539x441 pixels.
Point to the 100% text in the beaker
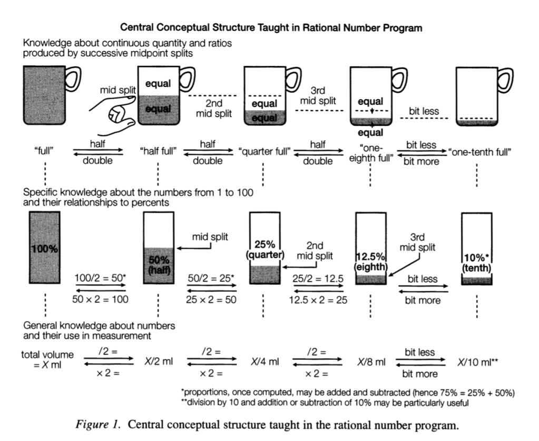(x=45, y=248)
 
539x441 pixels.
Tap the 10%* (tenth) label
(x=476, y=262)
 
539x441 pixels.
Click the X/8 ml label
(x=370, y=362)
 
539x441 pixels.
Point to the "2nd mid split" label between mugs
(x=211, y=108)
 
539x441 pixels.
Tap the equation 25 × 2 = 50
(x=211, y=300)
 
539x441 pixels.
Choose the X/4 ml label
(x=264, y=362)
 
